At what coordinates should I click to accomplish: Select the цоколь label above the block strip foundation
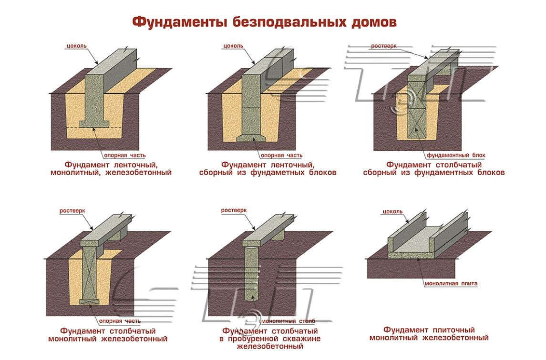tap(233, 46)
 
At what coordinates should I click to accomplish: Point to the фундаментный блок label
tap(456, 155)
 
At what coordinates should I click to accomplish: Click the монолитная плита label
tap(451, 284)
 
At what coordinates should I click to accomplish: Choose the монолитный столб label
tap(286, 321)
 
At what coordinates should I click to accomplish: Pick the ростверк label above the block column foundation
tap(384, 46)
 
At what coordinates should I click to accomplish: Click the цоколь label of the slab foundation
tap(392, 211)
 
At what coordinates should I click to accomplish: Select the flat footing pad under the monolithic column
tap(90, 301)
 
